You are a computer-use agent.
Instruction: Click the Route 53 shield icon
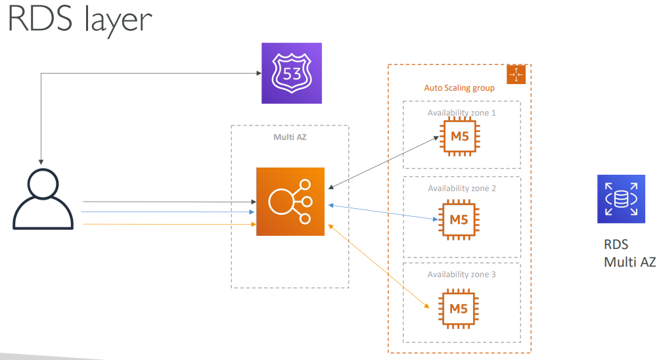[x=292, y=73]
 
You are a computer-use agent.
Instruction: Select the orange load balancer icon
[x=290, y=201]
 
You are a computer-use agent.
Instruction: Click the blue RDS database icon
[x=621, y=198]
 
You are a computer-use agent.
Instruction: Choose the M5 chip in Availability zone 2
[x=459, y=219]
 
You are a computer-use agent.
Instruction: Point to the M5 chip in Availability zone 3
[x=459, y=307]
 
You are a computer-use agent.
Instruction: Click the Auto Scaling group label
[x=459, y=88]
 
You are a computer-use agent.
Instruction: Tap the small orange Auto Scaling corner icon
[x=516, y=74]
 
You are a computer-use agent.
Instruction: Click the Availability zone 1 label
[x=461, y=113]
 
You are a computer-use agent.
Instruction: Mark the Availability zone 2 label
[x=461, y=189]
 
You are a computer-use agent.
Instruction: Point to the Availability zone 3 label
[x=461, y=275]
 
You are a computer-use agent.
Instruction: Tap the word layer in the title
[x=117, y=20]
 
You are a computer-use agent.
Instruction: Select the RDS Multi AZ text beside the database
[x=629, y=254]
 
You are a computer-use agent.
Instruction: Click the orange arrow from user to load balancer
[x=168, y=225]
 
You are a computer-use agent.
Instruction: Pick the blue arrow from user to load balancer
[x=168, y=212]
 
